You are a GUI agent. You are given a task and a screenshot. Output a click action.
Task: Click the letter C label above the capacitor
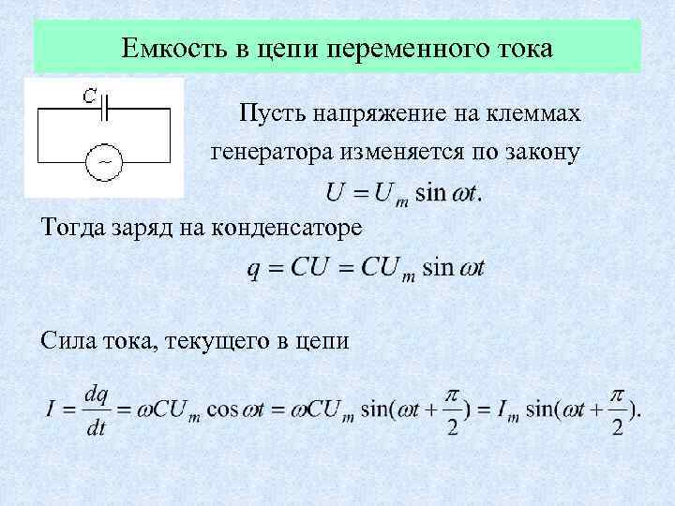coord(88,94)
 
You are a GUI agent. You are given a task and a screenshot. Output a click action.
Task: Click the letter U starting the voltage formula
coord(334,194)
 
